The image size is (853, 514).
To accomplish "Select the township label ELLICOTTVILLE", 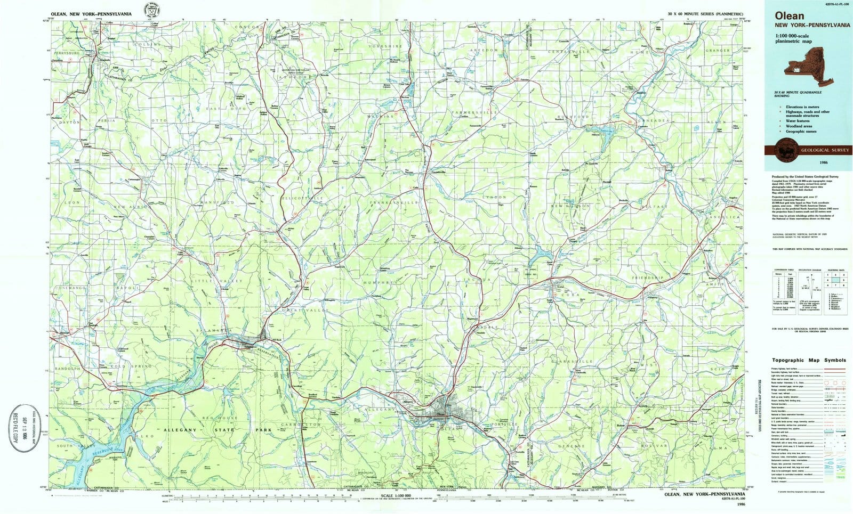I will pos(318,199).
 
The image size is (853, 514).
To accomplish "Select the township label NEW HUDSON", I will pos(570,206).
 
